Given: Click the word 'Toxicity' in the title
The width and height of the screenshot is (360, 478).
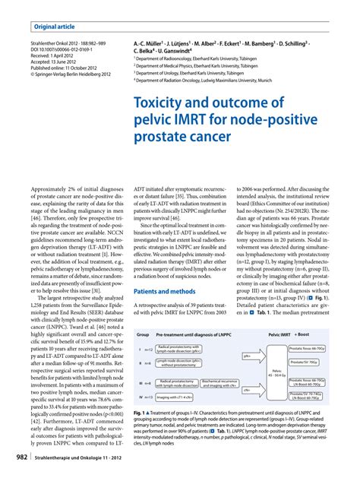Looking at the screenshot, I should [163, 103].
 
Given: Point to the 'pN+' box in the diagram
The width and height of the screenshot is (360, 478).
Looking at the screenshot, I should [248, 355].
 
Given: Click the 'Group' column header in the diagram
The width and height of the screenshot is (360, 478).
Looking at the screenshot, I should [143, 333].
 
